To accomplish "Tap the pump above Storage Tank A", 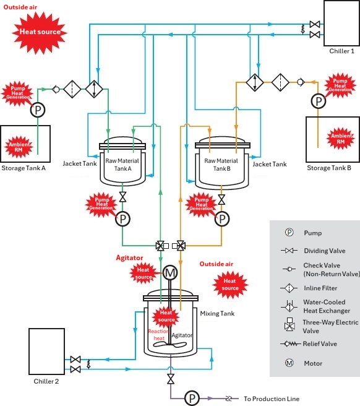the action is [38, 110].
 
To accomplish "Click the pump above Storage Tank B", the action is [319, 101].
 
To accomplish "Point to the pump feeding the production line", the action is [192, 398].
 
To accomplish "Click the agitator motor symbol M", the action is [170, 273].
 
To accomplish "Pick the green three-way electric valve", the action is [162, 246].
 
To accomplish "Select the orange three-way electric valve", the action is [179, 246].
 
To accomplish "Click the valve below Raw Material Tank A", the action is [123, 197].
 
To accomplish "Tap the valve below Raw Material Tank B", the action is [221, 200].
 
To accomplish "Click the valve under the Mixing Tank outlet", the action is [171, 379].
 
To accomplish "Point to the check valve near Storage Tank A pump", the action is [56, 89].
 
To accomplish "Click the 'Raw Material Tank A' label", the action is [122, 165].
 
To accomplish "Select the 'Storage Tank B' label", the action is [329, 168].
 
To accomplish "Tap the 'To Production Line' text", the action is [272, 399].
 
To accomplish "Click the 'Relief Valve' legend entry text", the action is [320, 344].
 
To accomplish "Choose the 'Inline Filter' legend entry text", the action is [320, 288].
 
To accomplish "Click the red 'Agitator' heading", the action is [129, 258].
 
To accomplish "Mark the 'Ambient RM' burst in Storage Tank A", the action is [19, 147].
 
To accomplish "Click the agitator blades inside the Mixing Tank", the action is [169, 345].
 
